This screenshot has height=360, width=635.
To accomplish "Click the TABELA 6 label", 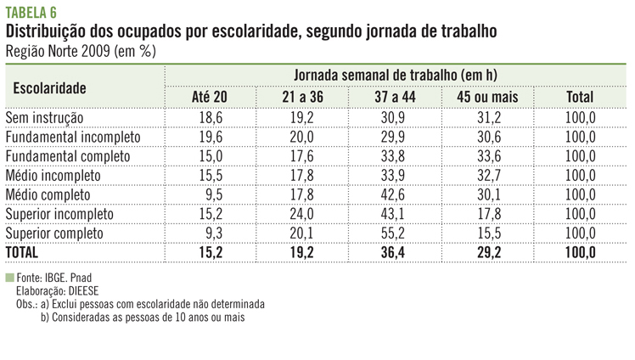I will tap(31, 10).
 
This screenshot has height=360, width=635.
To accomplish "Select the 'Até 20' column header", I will tap(210, 97).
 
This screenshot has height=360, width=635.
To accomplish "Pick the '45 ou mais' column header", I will tap(486, 97).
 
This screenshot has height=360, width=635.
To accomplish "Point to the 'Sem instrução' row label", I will tap(45, 117).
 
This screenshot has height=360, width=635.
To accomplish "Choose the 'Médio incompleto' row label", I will tap(53, 175).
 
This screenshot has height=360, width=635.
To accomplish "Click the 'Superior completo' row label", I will tap(54, 233).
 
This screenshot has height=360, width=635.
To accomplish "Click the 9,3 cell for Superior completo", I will tap(213, 233).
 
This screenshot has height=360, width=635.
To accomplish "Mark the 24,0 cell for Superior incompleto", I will tap(302, 213).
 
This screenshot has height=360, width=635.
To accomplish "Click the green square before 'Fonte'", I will tap(9, 278).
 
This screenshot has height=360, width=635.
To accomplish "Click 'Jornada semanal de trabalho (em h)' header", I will tap(396, 76).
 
